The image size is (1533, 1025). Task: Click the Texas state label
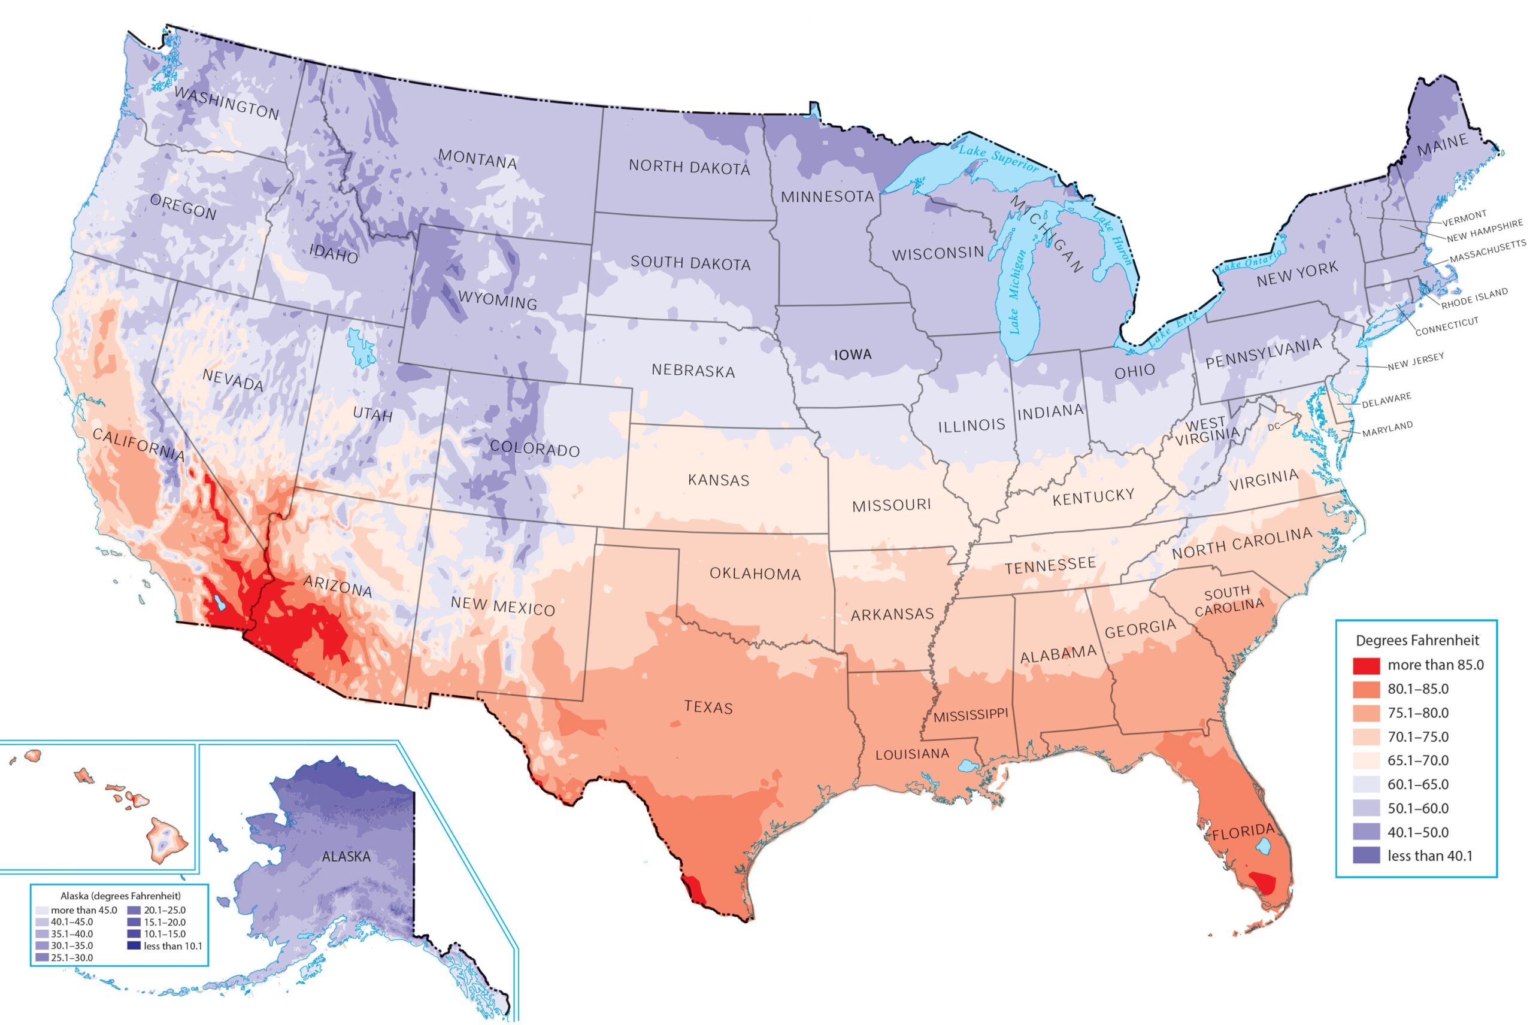(708, 706)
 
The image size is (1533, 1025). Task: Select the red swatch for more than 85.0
(1366, 665)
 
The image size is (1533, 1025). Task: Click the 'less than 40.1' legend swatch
(1366, 856)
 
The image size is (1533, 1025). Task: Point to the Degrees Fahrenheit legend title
(1417, 641)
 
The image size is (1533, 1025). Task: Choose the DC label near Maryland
(1274, 427)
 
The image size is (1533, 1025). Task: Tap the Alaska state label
(346, 856)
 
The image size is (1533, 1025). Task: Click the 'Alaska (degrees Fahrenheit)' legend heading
(120, 896)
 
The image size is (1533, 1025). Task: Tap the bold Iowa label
(853, 355)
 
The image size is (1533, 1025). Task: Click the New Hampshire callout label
(1484, 230)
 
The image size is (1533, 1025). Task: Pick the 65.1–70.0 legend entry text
(1418, 760)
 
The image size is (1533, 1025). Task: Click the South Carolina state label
(1228, 600)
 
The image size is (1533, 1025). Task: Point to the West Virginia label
(1207, 431)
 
